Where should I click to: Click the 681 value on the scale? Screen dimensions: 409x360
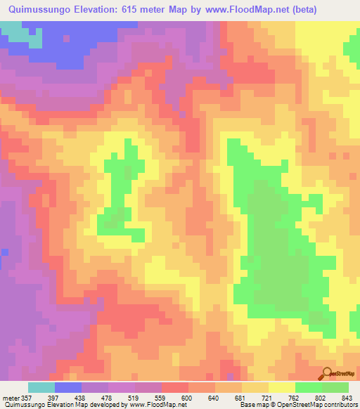242,397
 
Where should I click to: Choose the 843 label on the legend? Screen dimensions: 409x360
347,397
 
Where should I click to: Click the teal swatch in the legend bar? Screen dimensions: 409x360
41,387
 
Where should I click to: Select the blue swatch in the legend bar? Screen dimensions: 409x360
68,387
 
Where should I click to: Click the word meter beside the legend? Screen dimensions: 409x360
10,397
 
